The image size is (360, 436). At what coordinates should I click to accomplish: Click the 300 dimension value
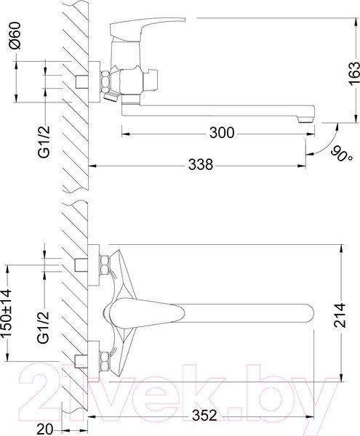pyautogui.click(x=222, y=133)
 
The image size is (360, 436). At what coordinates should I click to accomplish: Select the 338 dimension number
pyautogui.click(x=201, y=164)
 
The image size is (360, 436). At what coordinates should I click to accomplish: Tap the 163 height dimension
pyautogui.click(x=353, y=73)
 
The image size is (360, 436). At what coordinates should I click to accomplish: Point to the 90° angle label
pyautogui.click(x=342, y=154)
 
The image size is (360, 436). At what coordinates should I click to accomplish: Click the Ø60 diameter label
pyautogui.click(x=15, y=36)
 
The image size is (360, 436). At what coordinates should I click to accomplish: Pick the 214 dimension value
pyautogui.click(x=340, y=315)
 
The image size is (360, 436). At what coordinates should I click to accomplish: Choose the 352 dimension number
pyautogui.click(x=204, y=416)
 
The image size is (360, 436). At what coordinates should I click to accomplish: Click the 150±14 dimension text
pyautogui.click(x=6, y=312)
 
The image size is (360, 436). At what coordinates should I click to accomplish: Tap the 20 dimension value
pyautogui.click(x=44, y=429)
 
